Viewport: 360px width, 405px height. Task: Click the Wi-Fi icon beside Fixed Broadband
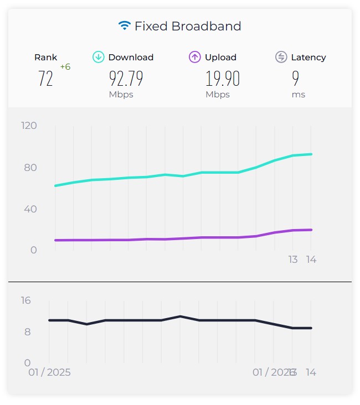tap(125, 25)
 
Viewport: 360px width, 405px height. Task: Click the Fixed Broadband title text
tap(188, 26)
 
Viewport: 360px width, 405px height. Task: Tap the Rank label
tap(46, 58)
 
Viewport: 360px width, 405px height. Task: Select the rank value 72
tap(46, 79)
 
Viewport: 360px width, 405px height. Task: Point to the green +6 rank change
tap(65, 67)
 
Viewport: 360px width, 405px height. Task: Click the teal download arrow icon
tap(99, 57)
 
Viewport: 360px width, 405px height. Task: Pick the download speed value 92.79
tap(126, 79)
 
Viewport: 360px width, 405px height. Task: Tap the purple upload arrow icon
tap(195, 57)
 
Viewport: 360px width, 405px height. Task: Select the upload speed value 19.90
tap(223, 79)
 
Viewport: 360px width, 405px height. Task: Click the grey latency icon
tap(281, 57)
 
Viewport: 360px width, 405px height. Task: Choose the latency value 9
tap(296, 79)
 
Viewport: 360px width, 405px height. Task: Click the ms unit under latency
tap(299, 95)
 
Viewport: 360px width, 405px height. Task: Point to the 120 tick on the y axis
tap(29, 126)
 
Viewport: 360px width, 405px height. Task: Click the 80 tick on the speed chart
tap(31, 168)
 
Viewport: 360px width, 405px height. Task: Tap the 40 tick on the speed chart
tap(31, 209)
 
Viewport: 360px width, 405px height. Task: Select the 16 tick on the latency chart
tap(25, 300)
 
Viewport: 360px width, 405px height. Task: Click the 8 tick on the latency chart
tap(28, 332)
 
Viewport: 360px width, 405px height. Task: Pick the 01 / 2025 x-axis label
tap(50, 372)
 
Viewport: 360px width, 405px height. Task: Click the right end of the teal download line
tap(311, 154)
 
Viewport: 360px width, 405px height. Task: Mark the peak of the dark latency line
tap(180, 316)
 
